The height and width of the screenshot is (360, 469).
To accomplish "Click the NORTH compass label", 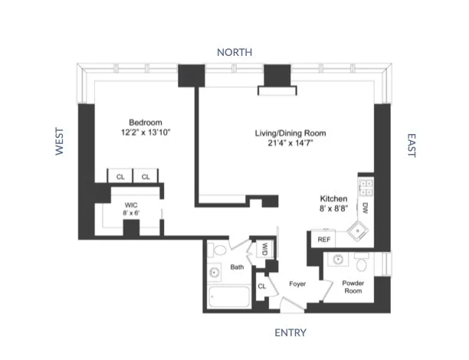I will pos(234,52).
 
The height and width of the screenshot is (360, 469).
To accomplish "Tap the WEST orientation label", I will pos(59,142).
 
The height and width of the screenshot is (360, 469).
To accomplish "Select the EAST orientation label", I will pos(411,146).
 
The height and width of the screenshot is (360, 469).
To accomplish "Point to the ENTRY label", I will pos(290,332).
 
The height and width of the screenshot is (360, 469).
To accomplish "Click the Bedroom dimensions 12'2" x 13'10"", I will pos(144,133).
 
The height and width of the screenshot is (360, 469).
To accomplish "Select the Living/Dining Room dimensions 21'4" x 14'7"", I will pos(285,143).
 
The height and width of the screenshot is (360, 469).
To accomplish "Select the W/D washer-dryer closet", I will pos(264,248).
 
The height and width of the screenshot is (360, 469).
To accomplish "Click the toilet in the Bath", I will pos(218,250).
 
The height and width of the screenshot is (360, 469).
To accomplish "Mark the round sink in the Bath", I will pos(214,272).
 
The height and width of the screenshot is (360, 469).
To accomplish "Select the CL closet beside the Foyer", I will pos(261,286).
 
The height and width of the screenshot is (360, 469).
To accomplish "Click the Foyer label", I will pos(297,284).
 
